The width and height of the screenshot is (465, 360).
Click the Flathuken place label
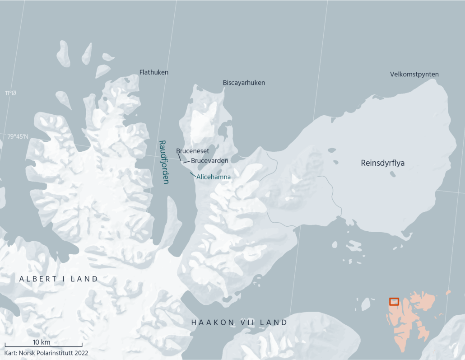pyautogui.click(x=154, y=72)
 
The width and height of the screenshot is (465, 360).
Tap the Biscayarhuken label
pyautogui.click(x=244, y=83)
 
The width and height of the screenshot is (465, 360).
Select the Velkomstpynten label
pyautogui.click(x=414, y=74)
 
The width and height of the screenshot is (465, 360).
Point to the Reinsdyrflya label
pyautogui.click(x=383, y=163)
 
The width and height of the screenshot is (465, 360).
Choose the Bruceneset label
pyautogui.click(x=192, y=151)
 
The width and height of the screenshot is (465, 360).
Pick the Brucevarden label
pyautogui.click(x=209, y=160)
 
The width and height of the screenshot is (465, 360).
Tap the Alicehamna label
pyautogui.click(x=214, y=177)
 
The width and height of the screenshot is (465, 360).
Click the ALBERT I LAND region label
pyautogui.click(x=59, y=279)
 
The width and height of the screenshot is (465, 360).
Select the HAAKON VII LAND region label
pyautogui.click(x=239, y=323)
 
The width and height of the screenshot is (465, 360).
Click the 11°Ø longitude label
pyautogui.click(x=10, y=93)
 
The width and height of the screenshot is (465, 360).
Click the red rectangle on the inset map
pyautogui.click(x=394, y=301)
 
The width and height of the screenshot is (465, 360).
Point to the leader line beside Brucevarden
pyautogui.click(x=186, y=161)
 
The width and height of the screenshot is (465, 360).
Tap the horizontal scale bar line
pyautogui.click(x=43, y=346)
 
